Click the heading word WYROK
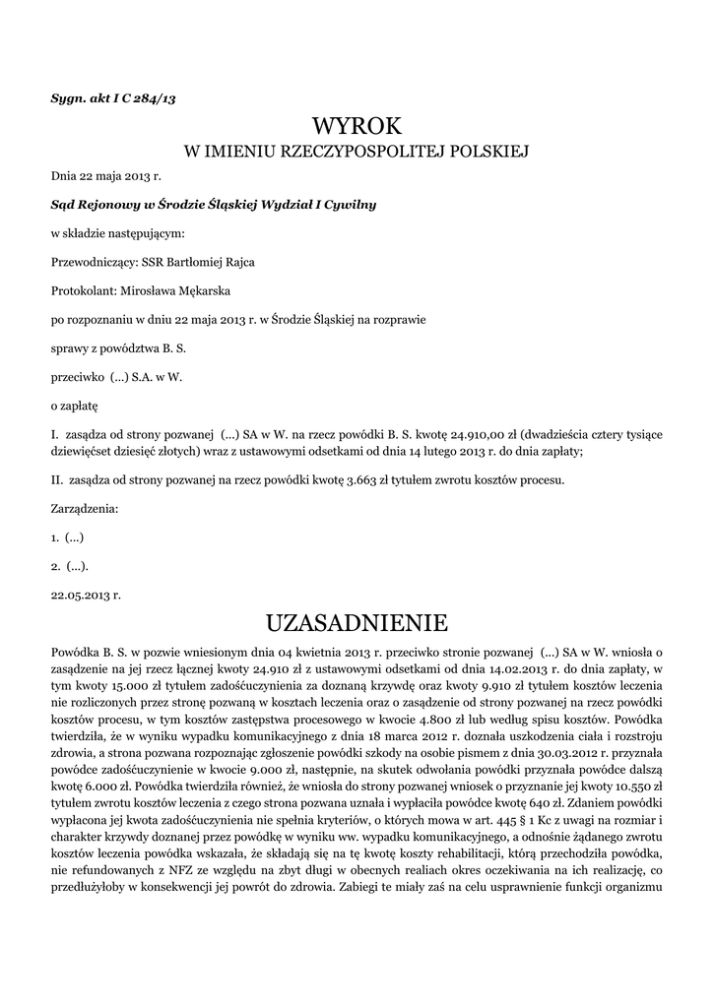(357, 126)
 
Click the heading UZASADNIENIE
(357, 622)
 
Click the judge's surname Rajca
(248, 262)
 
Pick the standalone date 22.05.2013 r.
(86, 595)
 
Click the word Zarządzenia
(84, 509)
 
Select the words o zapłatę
(75, 405)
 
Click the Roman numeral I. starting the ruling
(55, 433)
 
